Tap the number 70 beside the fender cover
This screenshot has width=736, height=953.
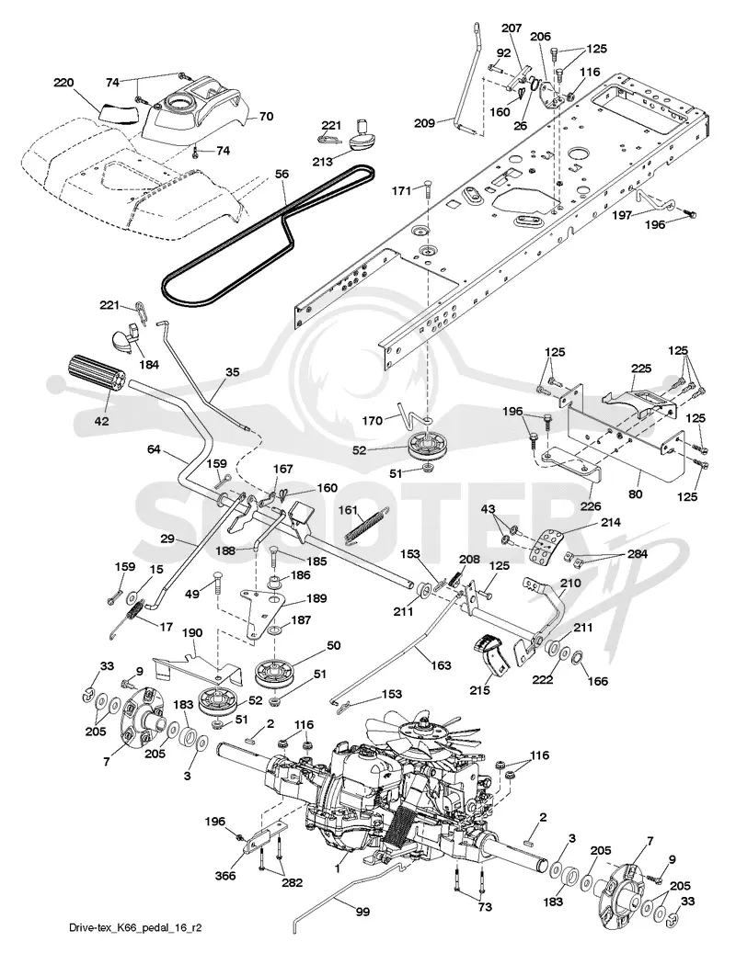266,117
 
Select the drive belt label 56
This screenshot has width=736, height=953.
282,175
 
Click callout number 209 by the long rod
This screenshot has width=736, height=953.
424,123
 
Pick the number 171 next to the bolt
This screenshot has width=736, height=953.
401,191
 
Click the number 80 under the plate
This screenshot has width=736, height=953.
635,494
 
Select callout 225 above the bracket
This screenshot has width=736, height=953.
641,369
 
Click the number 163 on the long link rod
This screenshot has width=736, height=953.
441,665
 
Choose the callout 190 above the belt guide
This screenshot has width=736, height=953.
192,632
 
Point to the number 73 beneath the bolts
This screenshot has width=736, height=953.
484,908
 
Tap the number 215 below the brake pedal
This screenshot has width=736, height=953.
480,690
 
